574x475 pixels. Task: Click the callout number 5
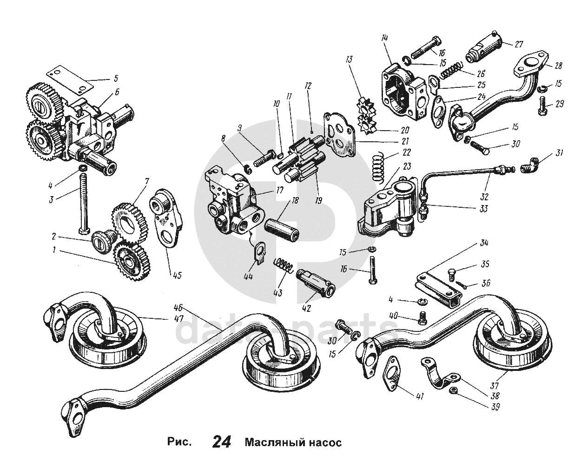click(116, 78)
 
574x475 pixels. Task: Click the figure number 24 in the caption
click(222, 442)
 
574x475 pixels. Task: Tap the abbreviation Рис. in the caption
click(179, 442)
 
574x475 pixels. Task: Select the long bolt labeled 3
click(84, 200)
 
